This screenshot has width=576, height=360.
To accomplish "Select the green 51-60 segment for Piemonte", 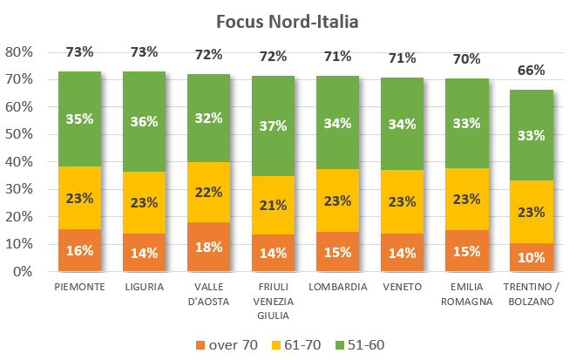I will click(80, 119).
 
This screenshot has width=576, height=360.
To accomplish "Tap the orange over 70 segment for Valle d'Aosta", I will click(209, 247).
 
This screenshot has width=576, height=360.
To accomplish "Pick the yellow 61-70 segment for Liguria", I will click(145, 202).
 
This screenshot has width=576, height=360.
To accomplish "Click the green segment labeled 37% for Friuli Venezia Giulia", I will click(274, 126).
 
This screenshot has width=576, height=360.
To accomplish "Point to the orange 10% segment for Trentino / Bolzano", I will click(532, 257).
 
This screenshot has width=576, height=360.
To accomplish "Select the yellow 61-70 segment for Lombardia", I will click(338, 200).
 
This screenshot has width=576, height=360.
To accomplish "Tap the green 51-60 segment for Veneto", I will click(403, 125).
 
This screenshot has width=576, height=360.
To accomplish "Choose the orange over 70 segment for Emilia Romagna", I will click(467, 251).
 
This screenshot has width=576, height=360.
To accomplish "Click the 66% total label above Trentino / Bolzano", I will click(532, 71).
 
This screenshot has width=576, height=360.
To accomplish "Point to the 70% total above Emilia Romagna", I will click(467, 59).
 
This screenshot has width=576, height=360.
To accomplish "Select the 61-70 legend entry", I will click(299, 344).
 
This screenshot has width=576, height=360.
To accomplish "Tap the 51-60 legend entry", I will click(359, 344).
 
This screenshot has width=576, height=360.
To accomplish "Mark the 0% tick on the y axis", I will click(24, 272).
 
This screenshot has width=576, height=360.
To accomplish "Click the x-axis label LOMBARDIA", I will click(338, 287).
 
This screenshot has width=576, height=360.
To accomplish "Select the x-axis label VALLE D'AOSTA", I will click(209, 294).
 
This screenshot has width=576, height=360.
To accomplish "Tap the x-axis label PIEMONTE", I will click(80, 287).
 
